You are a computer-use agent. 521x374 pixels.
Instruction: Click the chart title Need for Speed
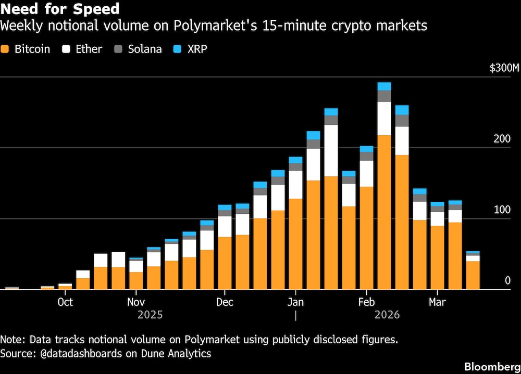click(60, 9)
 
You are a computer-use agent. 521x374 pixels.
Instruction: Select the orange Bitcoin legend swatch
click(6, 49)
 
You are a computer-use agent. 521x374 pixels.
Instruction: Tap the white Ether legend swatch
click(66, 49)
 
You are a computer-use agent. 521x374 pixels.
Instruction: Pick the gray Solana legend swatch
click(118, 49)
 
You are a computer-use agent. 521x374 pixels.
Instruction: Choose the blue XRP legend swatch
click(178, 49)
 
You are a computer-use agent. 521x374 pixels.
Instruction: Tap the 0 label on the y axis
click(507, 281)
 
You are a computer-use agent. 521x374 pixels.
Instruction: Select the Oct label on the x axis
click(65, 302)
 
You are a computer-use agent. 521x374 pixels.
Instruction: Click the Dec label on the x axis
click(225, 302)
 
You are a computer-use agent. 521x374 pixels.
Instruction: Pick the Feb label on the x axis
click(366, 302)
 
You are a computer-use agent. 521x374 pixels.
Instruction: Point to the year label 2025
click(150, 315)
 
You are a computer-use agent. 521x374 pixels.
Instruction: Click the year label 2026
click(387, 315)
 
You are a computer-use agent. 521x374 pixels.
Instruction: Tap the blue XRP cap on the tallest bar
click(384, 86)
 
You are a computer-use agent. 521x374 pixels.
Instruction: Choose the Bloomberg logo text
click(490, 366)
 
